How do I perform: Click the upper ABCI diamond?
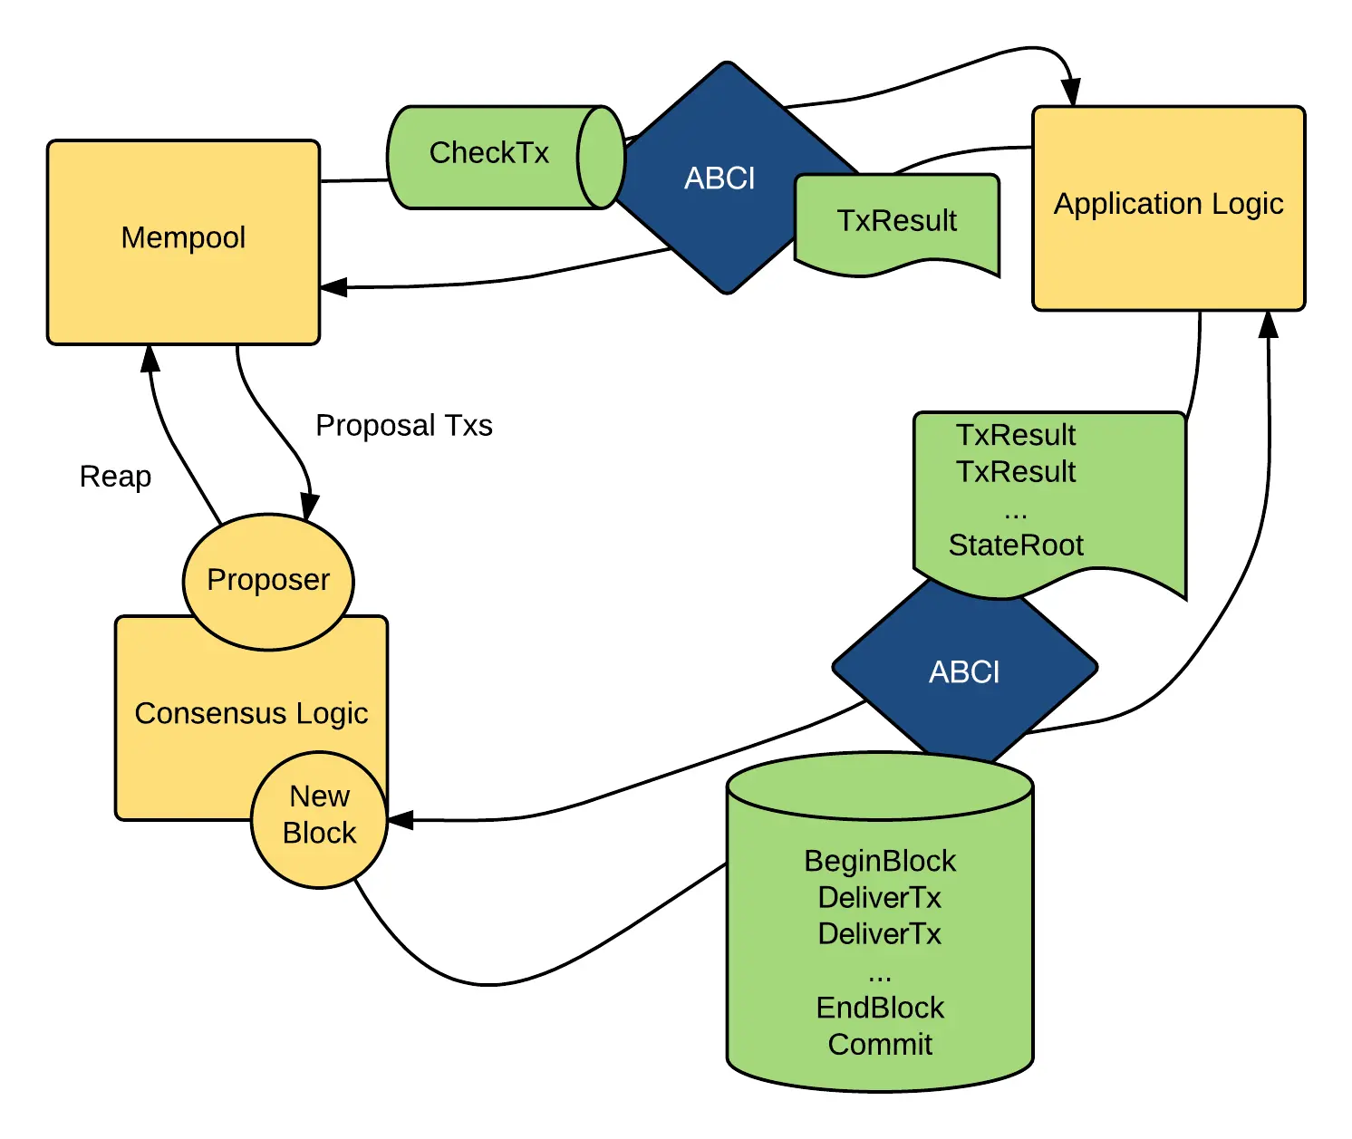[719, 179]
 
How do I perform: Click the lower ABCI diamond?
[964, 672]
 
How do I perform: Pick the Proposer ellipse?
[268, 581]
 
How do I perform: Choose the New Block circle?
[319, 818]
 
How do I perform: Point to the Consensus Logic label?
[251, 714]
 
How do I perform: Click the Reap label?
[115, 477]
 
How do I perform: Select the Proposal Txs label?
[403, 426]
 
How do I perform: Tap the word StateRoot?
[1015, 545]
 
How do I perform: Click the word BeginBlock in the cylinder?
[880, 861]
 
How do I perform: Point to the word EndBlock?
[880, 1008]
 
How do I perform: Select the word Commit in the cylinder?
[880, 1045]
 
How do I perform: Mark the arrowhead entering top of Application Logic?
[1071, 92]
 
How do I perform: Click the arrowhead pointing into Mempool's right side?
[333, 287]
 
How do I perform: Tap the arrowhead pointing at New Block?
[401, 820]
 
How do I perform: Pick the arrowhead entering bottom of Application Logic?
[1269, 323]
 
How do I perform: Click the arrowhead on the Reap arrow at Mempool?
[150, 358]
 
